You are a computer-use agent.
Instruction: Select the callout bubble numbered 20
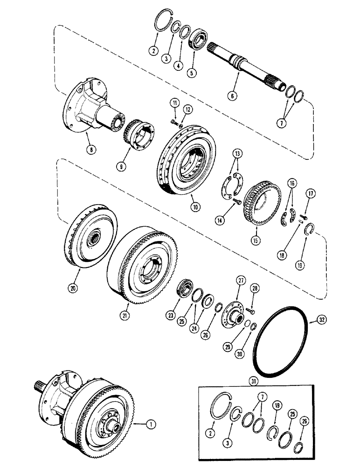tap(73, 288)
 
